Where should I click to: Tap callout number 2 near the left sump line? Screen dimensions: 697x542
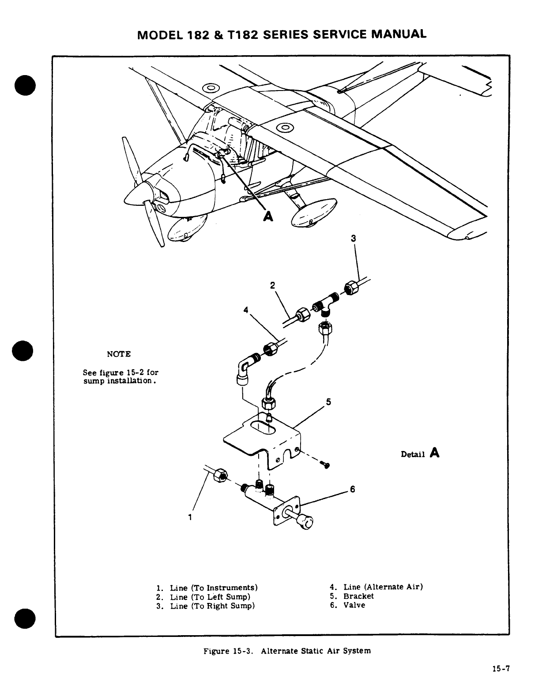pos(272,285)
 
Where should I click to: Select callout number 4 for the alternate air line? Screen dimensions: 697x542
pos(245,310)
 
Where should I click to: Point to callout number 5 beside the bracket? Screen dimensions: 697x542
pos(328,402)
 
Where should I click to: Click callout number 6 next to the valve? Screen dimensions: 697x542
pos(352,489)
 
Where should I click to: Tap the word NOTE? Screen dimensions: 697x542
pos(119,354)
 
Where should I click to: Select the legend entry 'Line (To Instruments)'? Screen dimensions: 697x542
pos(214,588)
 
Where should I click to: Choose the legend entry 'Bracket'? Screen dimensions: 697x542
pos(358,596)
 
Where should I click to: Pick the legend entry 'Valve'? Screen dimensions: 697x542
pos(354,605)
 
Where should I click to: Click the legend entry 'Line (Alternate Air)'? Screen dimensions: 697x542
pos(383,587)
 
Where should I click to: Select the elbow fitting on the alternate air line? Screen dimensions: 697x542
pos(244,369)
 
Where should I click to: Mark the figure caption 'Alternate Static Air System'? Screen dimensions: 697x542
pos(316,651)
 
